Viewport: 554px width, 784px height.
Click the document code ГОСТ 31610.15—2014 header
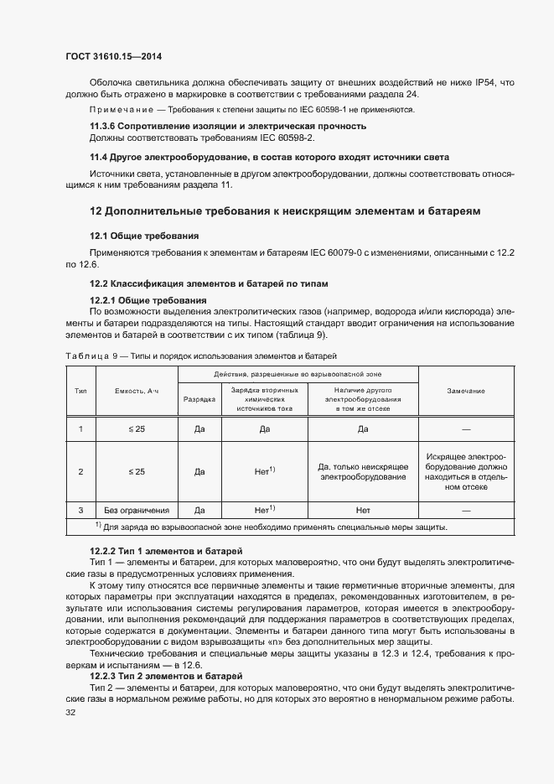coord(113,57)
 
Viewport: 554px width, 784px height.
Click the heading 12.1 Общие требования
coord(143,236)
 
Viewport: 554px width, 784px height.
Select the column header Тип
coord(80,392)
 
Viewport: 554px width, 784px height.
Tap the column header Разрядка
coord(199,400)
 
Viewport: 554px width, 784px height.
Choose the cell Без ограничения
coord(137,510)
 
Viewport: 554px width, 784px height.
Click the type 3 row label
coord(80,510)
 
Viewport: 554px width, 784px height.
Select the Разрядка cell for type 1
coord(199,429)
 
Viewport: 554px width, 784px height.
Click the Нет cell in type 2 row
coord(264,471)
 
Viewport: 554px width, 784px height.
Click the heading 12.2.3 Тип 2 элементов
coord(166,652)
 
